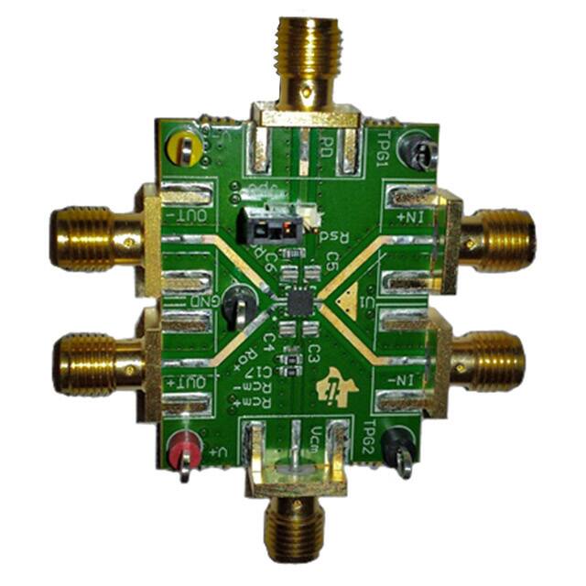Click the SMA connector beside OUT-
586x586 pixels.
[x=87, y=237]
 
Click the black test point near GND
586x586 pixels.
[x=240, y=297]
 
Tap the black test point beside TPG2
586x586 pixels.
[x=399, y=446]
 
